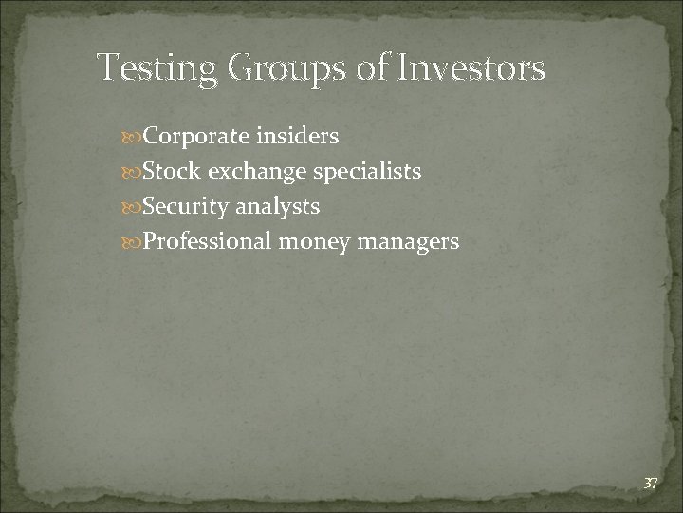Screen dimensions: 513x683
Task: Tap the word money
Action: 315,241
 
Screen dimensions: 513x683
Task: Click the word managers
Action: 408,241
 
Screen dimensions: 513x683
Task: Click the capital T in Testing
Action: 108,68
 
